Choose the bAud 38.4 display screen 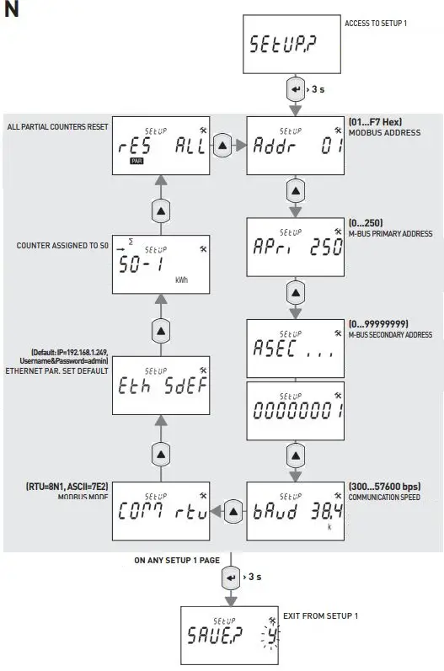(x=295, y=510)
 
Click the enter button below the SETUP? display (x=294, y=88)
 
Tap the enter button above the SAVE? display (x=230, y=578)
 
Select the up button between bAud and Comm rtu (x=222, y=510)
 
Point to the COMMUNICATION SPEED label (x=388, y=497)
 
